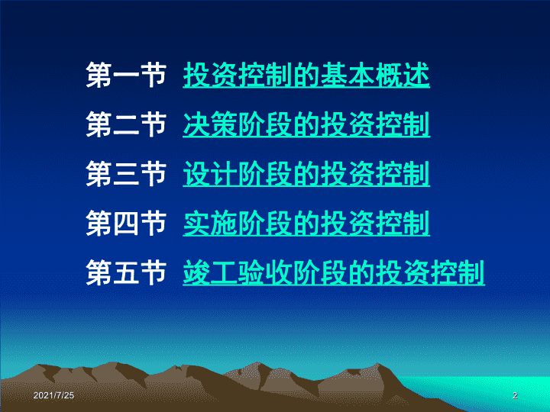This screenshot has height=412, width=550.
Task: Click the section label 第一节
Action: [126, 75]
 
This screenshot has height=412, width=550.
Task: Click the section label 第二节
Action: [126, 124]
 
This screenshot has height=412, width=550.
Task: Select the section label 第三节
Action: [126, 173]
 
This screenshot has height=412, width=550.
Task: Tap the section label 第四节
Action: [126, 223]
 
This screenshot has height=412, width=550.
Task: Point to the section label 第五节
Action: [126, 272]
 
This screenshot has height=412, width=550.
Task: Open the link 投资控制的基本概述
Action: [306, 75]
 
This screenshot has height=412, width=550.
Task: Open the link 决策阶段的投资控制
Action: [306, 124]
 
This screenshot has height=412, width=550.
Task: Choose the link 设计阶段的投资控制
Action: [306, 173]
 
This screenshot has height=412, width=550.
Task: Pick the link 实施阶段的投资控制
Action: [306, 223]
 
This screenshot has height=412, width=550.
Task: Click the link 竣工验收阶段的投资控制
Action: [334, 272]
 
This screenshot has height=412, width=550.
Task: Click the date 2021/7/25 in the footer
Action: [53, 395]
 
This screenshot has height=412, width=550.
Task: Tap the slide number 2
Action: [515, 395]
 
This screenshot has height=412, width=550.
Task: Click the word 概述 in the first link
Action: [403, 75]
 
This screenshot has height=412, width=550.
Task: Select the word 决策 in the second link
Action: [210, 124]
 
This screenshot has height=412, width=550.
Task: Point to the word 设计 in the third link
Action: [210, 173]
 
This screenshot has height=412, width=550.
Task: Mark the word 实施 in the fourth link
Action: [210, 223]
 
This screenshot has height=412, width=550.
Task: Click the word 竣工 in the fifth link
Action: [210, 272]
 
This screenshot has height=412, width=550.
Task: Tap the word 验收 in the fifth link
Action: [265, 272]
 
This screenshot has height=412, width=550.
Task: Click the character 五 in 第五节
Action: [126, 272]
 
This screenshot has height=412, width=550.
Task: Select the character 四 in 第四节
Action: [126, 223]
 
